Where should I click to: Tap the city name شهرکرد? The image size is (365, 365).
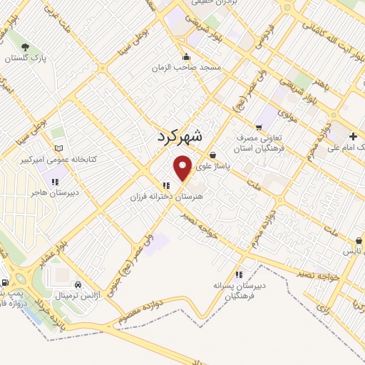click(x=178, y=135)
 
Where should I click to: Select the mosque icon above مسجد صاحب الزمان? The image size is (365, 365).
click(x=187, y=57)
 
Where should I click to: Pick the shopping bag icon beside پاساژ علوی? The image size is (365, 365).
click(x=212, y=155)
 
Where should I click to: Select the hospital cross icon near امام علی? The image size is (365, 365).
click(x=353, y=136)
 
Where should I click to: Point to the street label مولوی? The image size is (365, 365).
click(x=287, y=112)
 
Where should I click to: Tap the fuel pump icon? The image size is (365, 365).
click(x=5, y=282)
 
